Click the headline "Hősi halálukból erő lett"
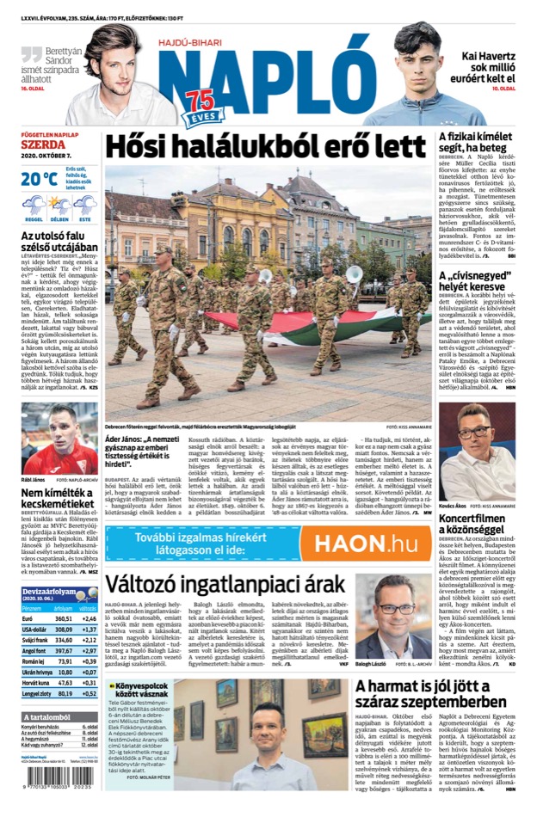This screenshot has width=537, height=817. pos(266,146)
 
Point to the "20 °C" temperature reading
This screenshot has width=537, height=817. pos(40,179)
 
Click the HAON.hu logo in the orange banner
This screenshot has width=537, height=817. pos(365,544)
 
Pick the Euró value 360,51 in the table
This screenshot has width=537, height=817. pos(64,618)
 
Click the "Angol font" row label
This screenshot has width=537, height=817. pos(36,650)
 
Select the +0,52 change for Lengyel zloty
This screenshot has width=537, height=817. pos(89,692)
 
